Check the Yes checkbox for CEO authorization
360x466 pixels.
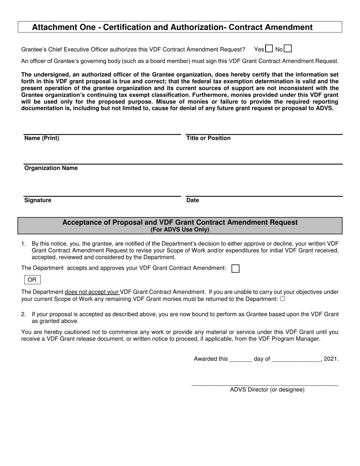(x=269, y=48)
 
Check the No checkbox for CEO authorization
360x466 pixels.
(x=288, y=48)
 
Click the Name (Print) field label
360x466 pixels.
(x=42, y=138)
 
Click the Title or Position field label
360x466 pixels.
(x=208, y=138)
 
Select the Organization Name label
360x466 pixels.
(x=51, y=168)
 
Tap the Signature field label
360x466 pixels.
(x=38, y=200)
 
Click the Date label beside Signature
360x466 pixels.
(x=193, y=200)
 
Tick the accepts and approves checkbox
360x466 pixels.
(x=235, y=269)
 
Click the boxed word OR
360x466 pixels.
(x=32, y=280)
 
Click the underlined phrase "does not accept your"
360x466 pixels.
(x=92, y=292)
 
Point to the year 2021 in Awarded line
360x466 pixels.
(x=331, y=359)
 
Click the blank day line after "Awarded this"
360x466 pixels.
(x=241, y=360)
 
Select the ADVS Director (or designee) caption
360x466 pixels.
(x=267, y=389)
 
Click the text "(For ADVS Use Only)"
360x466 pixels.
(x=180, y=230)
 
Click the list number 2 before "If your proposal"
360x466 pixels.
(x=23, y=314)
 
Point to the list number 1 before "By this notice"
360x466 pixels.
(x=23, y=244)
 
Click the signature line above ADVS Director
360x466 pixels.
(x=265, y=385)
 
